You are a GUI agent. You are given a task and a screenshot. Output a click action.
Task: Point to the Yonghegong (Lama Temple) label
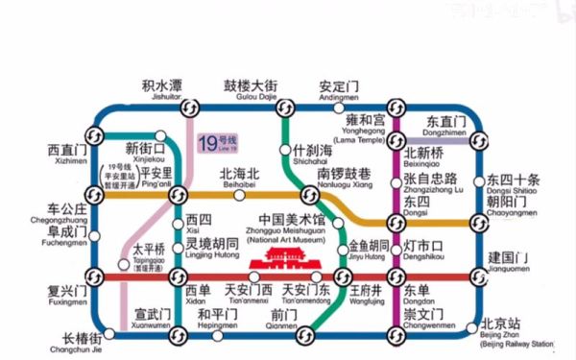(364, 125)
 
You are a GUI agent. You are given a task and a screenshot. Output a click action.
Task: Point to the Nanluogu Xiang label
(344, 178)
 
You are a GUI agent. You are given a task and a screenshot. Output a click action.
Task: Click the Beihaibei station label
(240, 178)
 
